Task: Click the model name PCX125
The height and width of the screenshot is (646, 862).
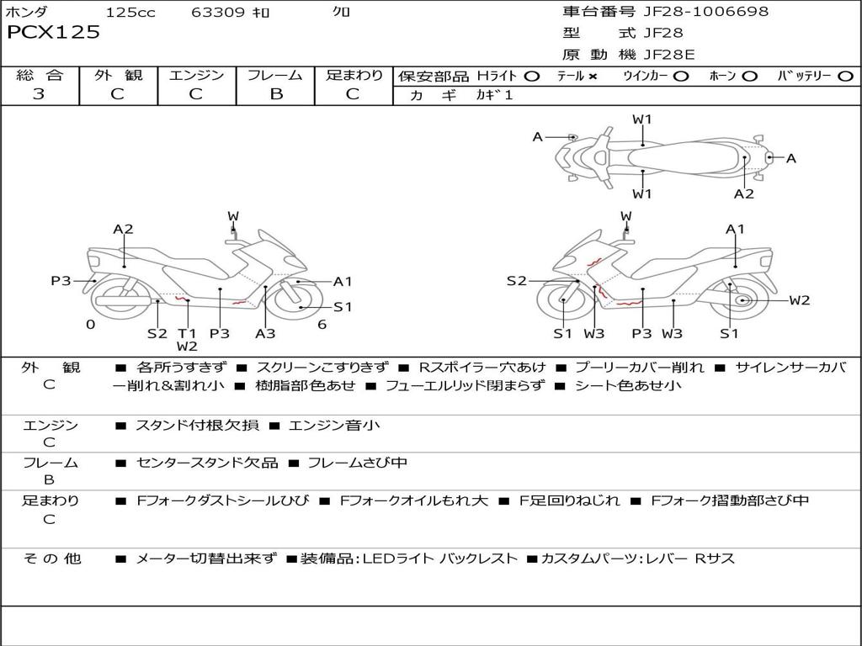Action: click(x=54, y=33)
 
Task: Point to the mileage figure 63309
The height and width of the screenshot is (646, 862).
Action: click(x=218, y=13)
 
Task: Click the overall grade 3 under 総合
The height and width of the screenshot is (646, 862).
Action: click(x=39, y=94)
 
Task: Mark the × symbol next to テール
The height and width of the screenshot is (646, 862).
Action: click(x=593, y=76)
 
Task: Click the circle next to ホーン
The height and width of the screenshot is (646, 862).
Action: click(x=750, y=76)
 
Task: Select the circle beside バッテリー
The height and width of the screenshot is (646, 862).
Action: click(x=845, y=76)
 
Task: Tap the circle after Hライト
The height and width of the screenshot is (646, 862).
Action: click(x=531, y=76)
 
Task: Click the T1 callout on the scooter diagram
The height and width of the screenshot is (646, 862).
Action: click(x=187, y=332)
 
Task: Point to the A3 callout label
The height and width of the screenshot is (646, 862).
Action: click(x=265, y=333)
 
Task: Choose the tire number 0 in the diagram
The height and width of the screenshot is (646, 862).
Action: click(x=90, y=324)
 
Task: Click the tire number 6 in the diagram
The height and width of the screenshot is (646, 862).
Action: click(x=322, y=324)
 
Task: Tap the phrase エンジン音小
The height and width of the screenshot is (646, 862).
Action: click(x=334, y=425)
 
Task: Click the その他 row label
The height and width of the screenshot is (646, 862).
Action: click(x=51, y=559)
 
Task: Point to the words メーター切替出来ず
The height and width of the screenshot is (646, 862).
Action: click(x=205, y=559)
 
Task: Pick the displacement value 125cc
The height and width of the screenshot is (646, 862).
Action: click(x=130, y=13)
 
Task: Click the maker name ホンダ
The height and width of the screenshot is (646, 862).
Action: click(x=27, y=13)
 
